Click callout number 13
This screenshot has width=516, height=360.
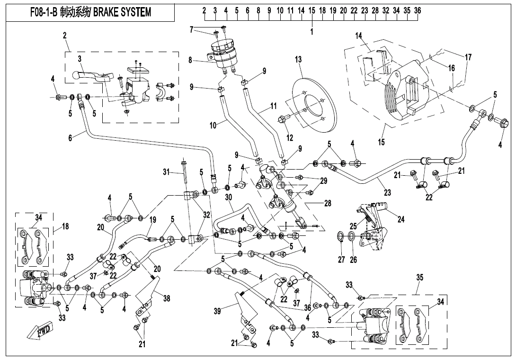(298, 60)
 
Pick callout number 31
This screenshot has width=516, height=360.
(166, 172)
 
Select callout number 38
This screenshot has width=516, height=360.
(167, 299)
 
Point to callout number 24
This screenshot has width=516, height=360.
(401, 219)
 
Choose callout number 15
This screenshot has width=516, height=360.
(382, 142)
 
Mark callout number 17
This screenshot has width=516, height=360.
(468, 57)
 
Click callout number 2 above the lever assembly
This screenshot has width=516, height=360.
(64, 35)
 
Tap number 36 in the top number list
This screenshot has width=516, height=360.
(418, 10)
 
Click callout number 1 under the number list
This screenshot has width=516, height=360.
(312, 32)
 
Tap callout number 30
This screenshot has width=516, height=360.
(229, 197)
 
